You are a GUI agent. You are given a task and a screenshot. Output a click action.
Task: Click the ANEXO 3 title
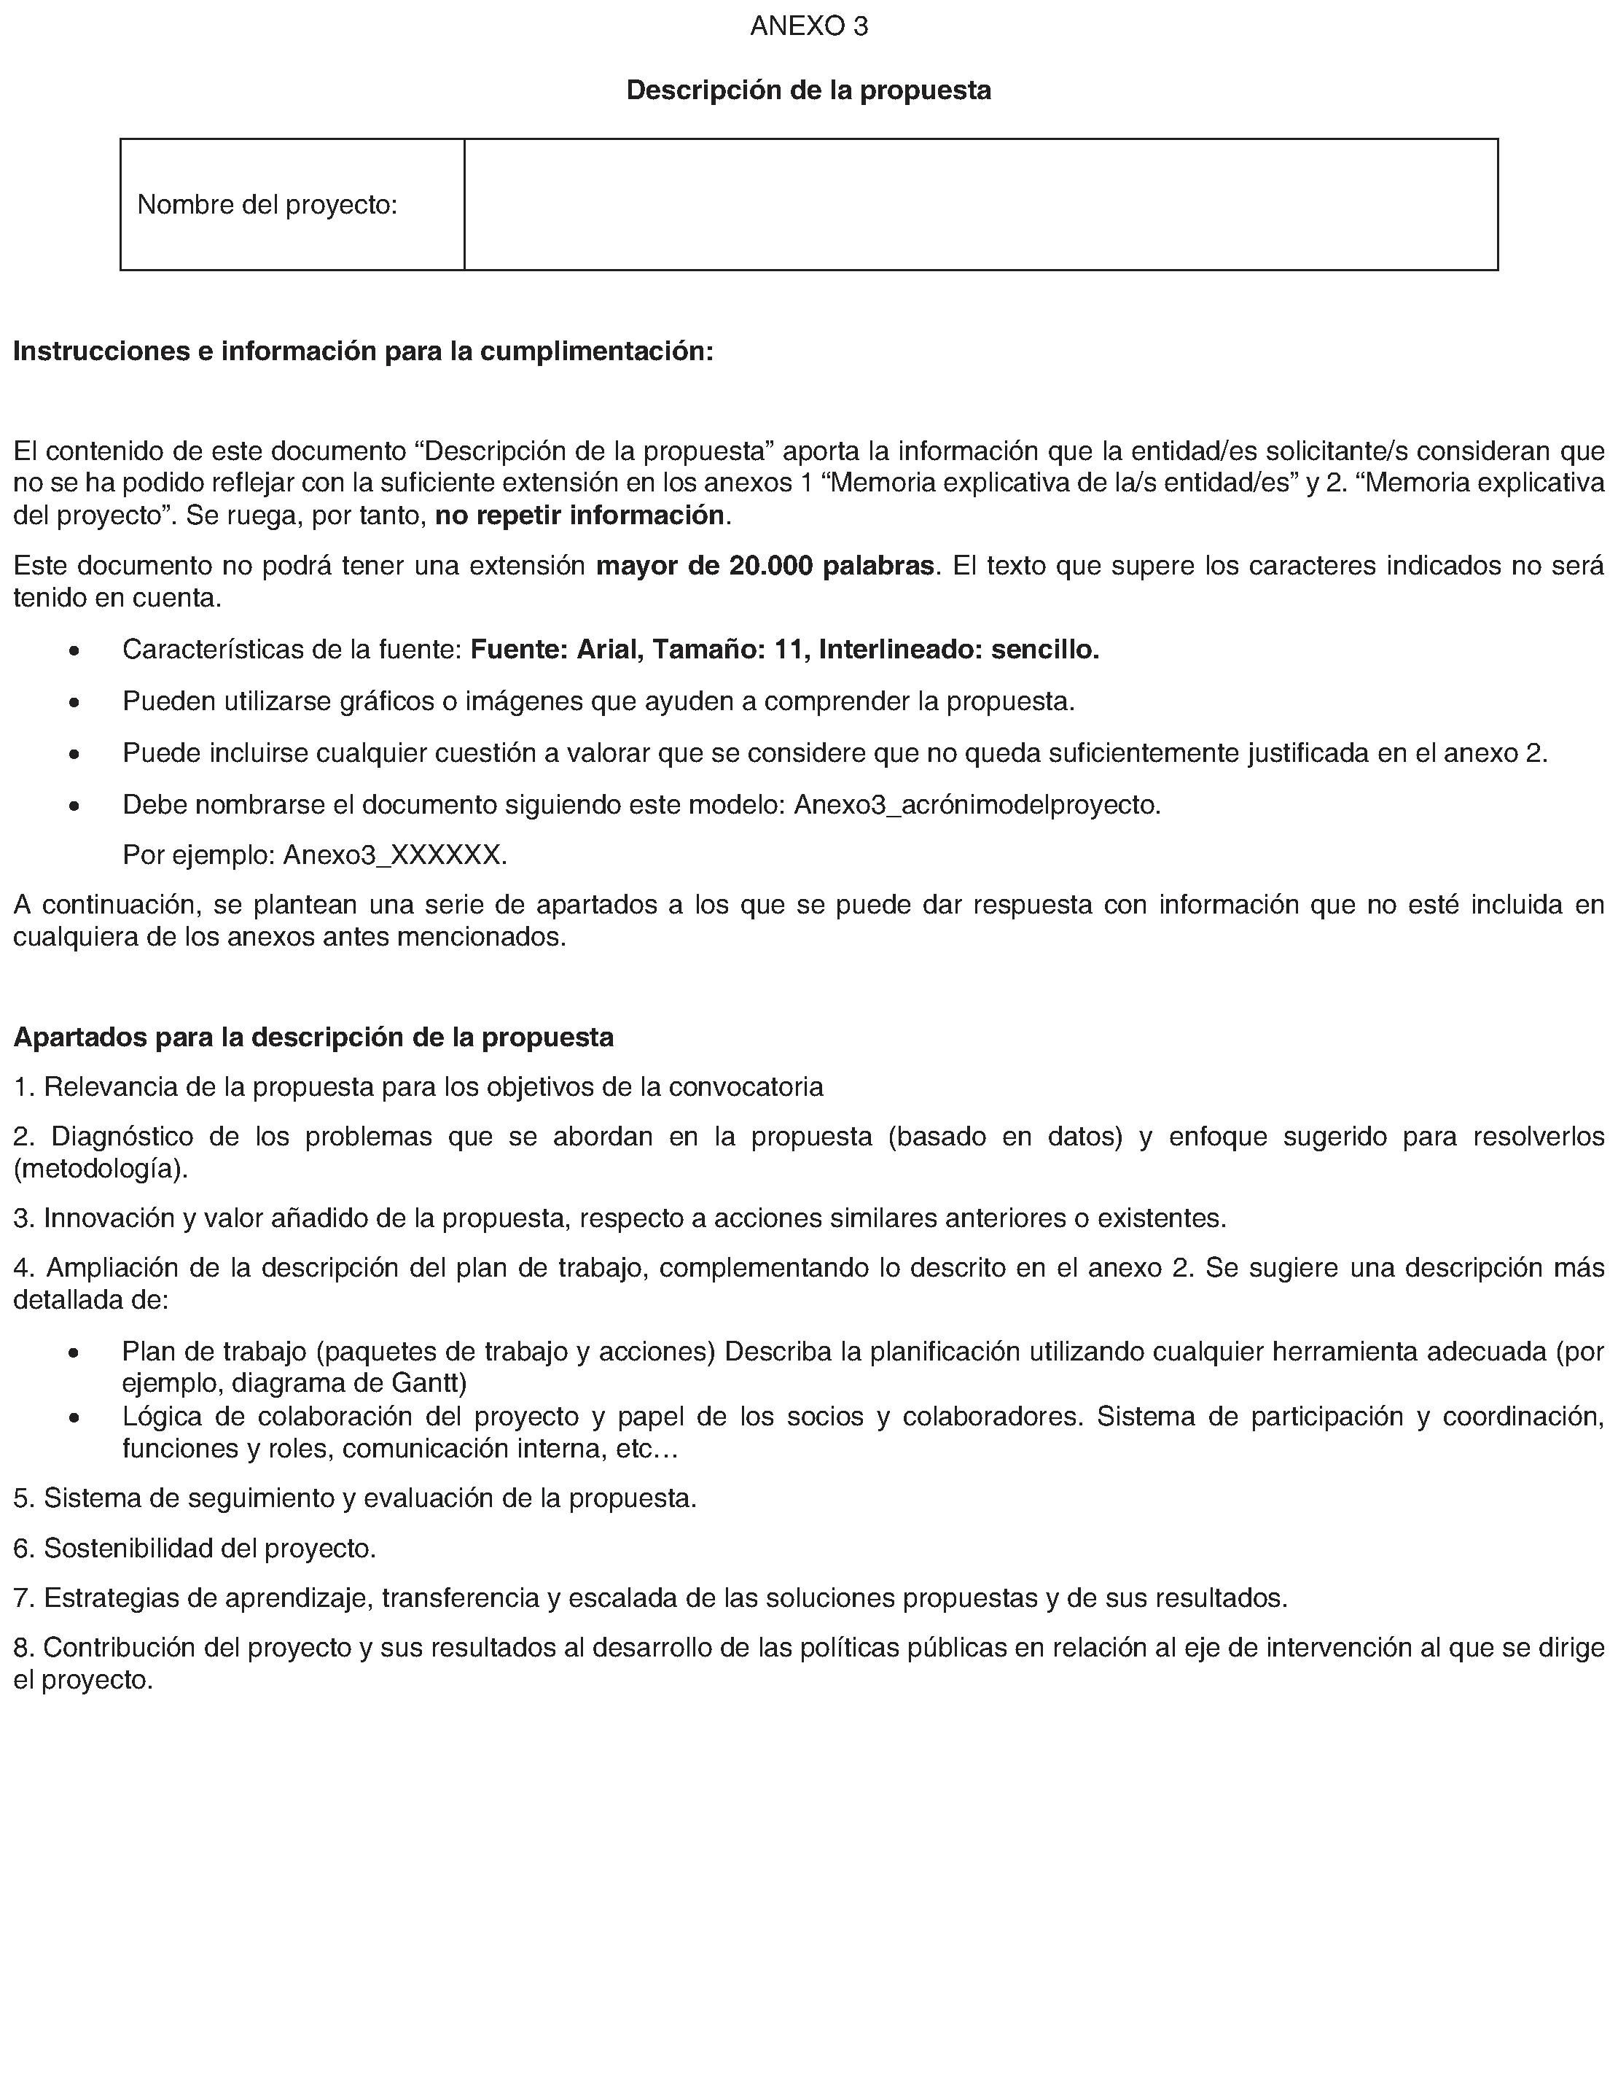click(x=808, y=27)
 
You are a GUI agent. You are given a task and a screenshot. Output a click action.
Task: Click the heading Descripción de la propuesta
click(x=808, y=90)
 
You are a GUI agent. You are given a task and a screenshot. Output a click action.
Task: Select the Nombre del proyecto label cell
click(x=292, y=204)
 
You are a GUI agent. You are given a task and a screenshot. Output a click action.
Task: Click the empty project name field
click(x=980, y=204)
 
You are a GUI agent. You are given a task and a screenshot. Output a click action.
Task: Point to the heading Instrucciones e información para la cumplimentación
click(x=363, y=352)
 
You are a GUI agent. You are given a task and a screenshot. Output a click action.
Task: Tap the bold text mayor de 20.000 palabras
click(x=765, y=566)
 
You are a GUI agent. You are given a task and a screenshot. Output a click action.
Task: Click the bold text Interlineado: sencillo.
click(x=958, y=650)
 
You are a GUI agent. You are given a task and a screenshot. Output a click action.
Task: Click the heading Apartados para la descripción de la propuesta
click(x=313, y=1038)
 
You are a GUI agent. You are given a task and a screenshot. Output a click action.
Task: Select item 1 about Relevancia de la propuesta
click(x=418, y=1087)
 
